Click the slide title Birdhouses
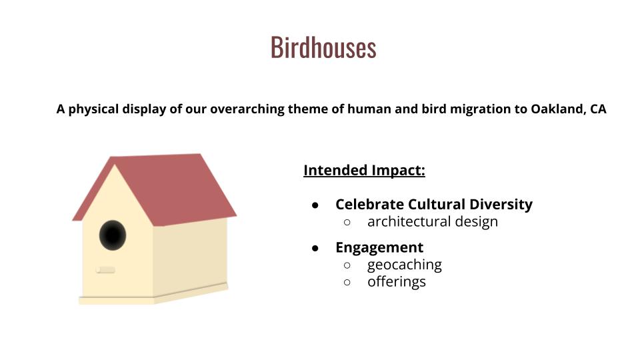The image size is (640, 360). (x=323, y=47)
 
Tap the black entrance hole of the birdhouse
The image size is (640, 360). (x=113, y=235)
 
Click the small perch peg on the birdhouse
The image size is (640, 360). (x=105, y=270)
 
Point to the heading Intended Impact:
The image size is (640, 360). (x=364, y=170)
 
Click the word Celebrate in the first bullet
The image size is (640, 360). (x=369, y=204)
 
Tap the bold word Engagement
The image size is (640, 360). (x=379, y=247)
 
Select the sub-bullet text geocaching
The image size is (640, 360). (x=405, y=265)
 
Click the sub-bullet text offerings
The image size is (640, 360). (x=396, y=282)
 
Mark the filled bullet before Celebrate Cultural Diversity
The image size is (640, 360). (x=315, y=205)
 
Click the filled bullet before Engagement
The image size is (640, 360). (x=315, y=248)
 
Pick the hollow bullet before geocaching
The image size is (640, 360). (x=347, y=265)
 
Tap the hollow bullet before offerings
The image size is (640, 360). (x=347, y=282)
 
